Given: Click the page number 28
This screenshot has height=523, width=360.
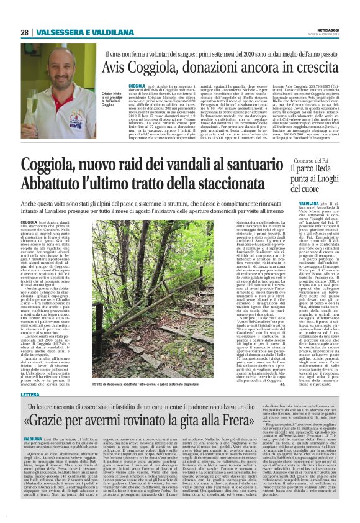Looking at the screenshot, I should [24, 32].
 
